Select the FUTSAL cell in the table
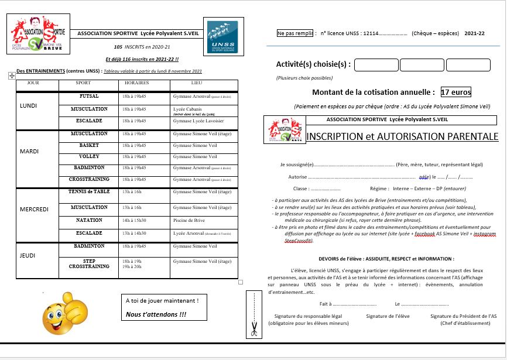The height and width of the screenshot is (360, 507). tap(89, 95)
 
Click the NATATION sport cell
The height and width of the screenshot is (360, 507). tap(89, 220)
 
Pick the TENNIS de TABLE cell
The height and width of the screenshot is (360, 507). tap(89, 192)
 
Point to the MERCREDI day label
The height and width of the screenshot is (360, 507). tap(33, 209)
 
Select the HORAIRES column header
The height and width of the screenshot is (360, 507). tap(135, 83)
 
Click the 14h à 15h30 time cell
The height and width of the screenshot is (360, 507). tap(134, 220)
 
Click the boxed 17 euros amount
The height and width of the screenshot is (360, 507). tap(455, 92)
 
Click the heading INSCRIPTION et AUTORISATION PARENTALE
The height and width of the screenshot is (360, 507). tap(402, 136)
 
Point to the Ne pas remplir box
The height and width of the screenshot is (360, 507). tap(296, 34)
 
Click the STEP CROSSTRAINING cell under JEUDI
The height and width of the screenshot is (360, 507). tap(89, 263)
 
